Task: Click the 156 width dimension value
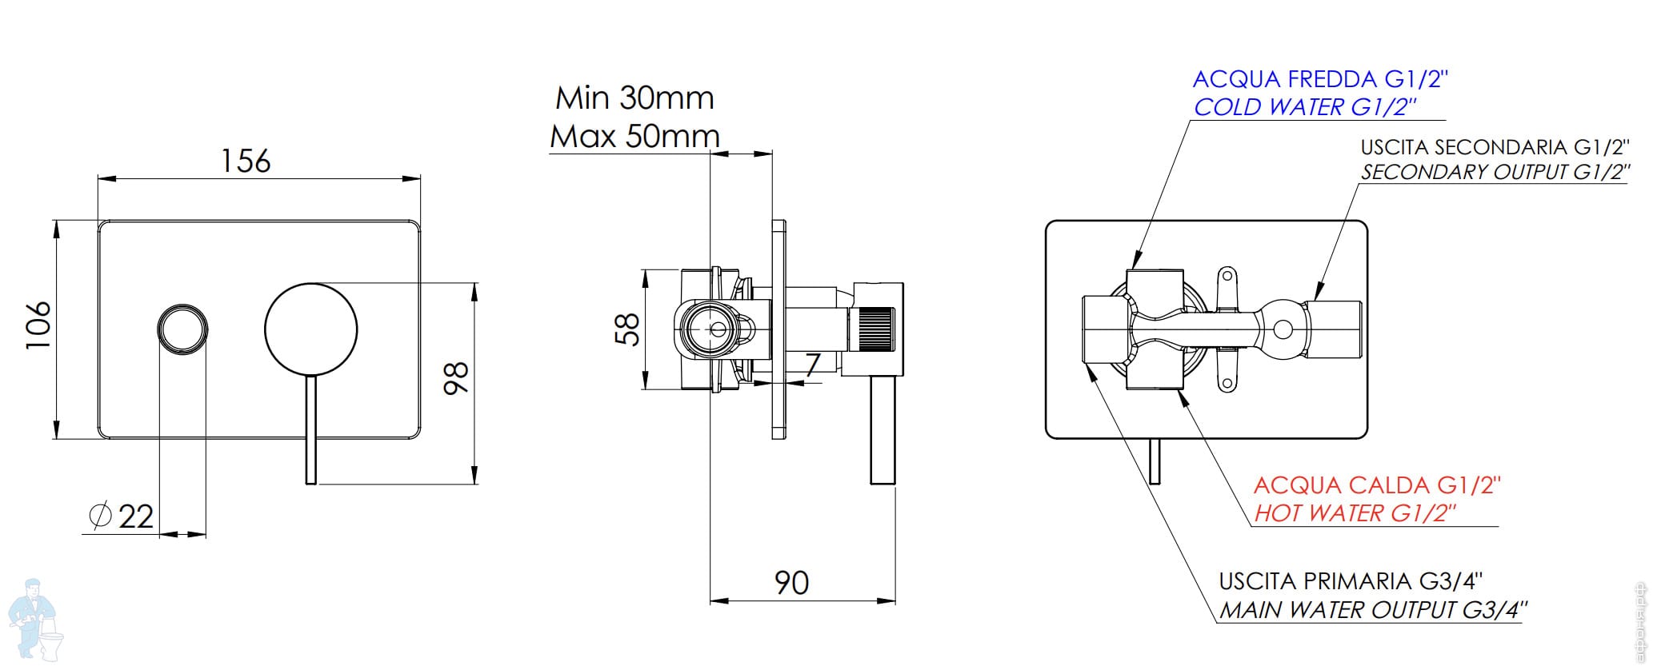pos(246,161)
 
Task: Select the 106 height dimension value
pos(39,324)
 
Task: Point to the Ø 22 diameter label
pos(122,516)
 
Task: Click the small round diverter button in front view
pos(183,329)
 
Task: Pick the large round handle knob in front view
pos(310,329)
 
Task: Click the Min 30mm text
pos(634,98)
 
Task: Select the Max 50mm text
pos(634,137)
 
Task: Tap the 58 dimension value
pos(628,329)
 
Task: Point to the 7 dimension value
pos(812,365)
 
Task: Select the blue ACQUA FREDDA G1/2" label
pos(1321,79)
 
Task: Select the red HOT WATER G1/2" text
pos(1353,513)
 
